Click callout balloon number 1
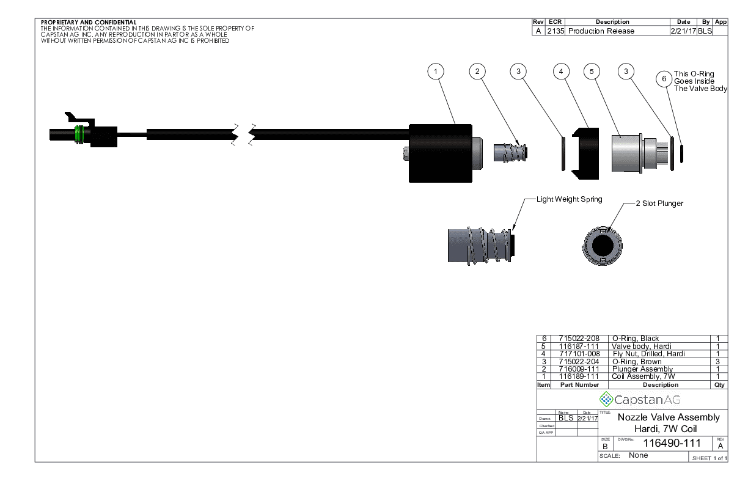[x=435, y=71]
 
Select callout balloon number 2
[x=477, y=71]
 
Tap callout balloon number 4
[x=561, y=71]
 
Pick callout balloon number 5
[x=591, y=71]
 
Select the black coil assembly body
[x=440, y=153]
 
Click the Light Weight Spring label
[x=569, y=199]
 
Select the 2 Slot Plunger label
[x=659, y=204]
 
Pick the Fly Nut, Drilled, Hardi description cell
[x=648, y=354]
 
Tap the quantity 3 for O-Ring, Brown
[x=719, y=362]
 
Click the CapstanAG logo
[x=640, y=400]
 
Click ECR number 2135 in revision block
[x=555, y=31]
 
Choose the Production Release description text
[x=601, y=31]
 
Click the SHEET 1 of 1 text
[x=709, y=458]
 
